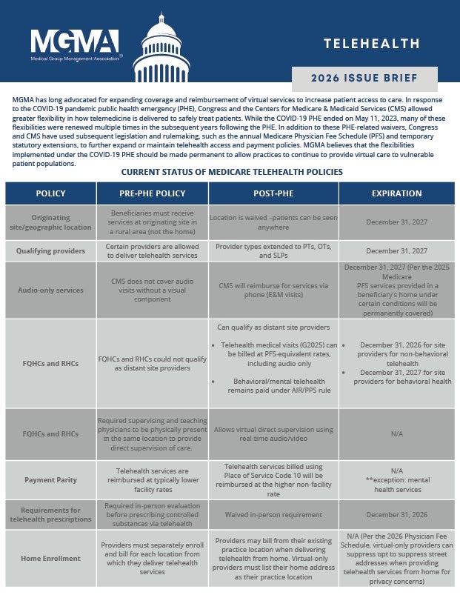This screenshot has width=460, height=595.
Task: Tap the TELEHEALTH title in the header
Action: tap(371, 44)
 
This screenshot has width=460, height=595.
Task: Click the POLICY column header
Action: tap(50, 193)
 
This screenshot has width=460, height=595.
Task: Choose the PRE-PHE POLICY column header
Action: tap(152, 193)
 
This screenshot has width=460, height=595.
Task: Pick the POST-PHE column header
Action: tap(273, 193)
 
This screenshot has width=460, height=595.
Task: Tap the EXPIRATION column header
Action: tap(396, 193)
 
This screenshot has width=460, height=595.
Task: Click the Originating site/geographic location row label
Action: tap(50, 222)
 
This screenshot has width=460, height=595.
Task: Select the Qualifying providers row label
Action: tap(50, 251)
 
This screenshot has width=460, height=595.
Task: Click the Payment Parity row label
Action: tap(50, 479)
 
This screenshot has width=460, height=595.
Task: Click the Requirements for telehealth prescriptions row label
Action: tap(50, 513)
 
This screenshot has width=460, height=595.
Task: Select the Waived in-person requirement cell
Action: tap(273, 513)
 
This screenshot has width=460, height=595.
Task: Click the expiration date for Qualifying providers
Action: tap(396, 251)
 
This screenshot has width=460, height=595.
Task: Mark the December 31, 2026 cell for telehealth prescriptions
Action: tap(396, 513)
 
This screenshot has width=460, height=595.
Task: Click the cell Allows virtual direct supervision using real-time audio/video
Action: tap(273, 433)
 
